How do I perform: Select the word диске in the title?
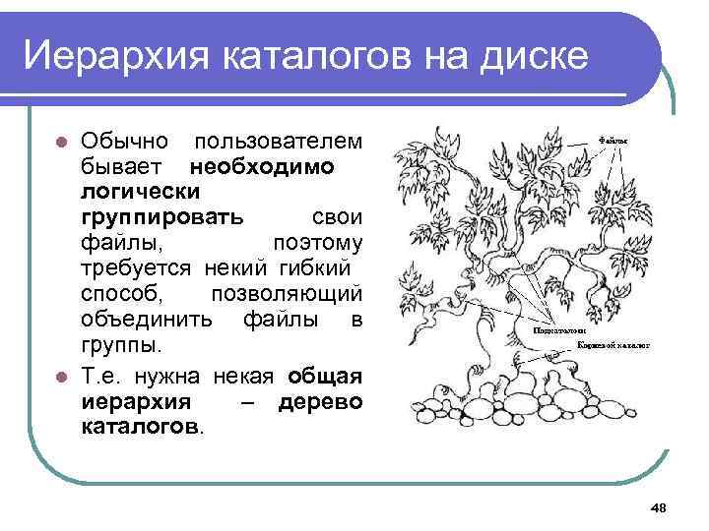533,55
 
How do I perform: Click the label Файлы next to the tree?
614,142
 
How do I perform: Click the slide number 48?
659,506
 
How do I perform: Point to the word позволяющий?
287,295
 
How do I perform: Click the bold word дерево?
320,401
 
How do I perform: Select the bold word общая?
326,376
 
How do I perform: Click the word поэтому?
315,242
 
